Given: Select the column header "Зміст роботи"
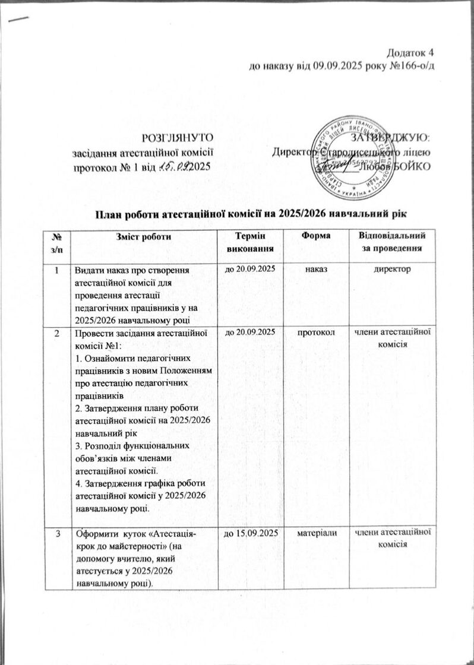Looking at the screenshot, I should coord(147,237).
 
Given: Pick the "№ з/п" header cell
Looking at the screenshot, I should coord(59,242).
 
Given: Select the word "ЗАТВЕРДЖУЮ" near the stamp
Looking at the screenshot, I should coord(394,138).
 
